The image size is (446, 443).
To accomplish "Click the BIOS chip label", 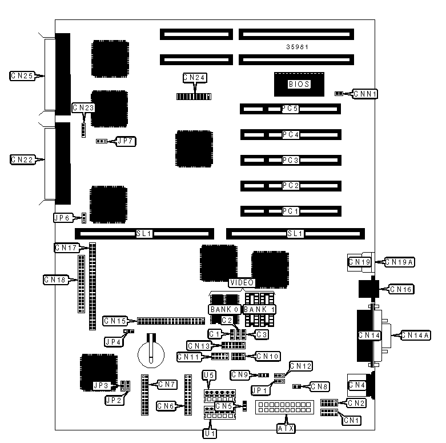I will click(299, 84).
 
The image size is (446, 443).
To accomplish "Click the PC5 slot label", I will click(291, 109).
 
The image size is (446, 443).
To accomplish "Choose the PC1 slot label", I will click(291, 211).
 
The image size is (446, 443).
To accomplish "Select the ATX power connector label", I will click(286, 428).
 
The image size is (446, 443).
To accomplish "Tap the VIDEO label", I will click(242, 282).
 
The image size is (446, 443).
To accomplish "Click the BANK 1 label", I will click(259, 309).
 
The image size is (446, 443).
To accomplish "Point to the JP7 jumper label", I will click(126, 141).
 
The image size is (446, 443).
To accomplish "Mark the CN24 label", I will click(194, 77).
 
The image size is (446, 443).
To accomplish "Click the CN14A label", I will click(413, 335).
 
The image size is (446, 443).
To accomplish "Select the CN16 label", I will click(401, 289).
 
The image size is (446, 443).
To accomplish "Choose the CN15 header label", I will click(115, 321).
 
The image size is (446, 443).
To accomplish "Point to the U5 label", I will click(209, 376).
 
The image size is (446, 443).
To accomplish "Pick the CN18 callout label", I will click(56, 280).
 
